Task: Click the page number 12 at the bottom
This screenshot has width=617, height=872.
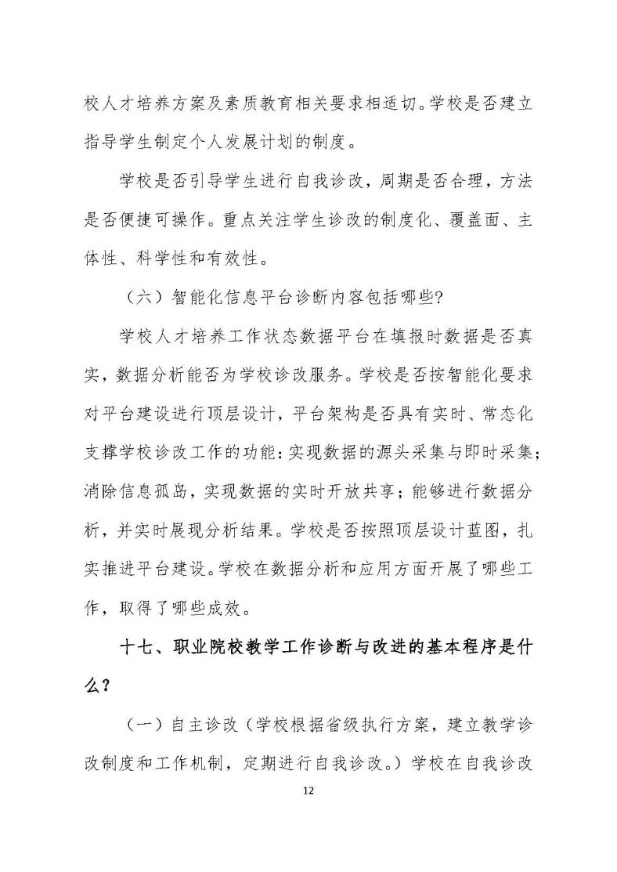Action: point(308,791)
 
